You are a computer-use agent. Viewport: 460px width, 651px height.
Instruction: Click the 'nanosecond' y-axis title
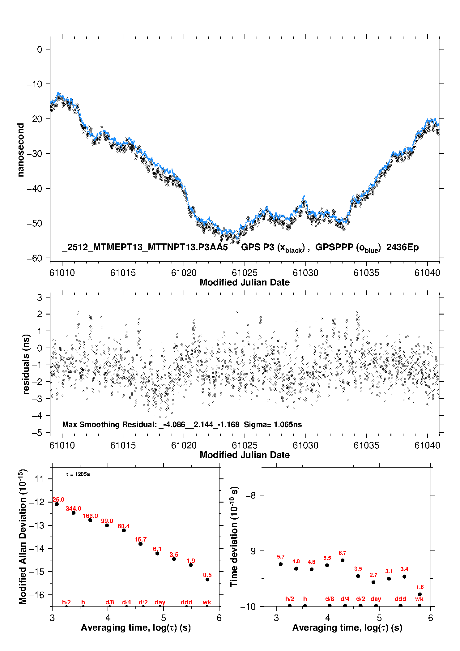[21, 150]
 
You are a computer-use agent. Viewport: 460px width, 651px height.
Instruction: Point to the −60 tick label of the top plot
[34, 258]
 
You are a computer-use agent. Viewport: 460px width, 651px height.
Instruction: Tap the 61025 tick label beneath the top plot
[245, 273]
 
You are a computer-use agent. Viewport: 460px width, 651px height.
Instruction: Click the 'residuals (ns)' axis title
[26, 364]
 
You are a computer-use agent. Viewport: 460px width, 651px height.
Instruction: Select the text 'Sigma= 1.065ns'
[273, 425]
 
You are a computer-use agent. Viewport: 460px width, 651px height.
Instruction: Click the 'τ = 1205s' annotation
[78, 474]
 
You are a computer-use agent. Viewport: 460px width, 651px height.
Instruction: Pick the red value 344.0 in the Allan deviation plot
[74, 509]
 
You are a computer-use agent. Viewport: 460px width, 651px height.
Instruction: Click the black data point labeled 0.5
[207, 580]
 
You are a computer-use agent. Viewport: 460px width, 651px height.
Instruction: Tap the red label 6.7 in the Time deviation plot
[342, 553]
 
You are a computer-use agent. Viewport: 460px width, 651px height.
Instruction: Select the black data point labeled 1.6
[420, 594]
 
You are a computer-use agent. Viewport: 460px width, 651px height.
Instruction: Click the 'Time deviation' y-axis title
[234, 537]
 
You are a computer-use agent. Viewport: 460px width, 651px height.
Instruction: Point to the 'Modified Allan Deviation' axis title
[23, 537]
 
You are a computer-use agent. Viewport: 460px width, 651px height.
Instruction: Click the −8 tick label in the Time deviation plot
[251, 495]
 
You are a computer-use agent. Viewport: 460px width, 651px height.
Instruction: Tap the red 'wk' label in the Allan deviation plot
[207, 602]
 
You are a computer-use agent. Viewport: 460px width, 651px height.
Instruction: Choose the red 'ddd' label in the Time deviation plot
[400, 599]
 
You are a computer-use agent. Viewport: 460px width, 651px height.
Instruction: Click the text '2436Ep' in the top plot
[402, 247]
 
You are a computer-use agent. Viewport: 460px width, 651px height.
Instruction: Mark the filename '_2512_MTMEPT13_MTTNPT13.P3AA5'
[145, 247]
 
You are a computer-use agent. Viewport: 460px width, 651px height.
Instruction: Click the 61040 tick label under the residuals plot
[427, 445]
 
